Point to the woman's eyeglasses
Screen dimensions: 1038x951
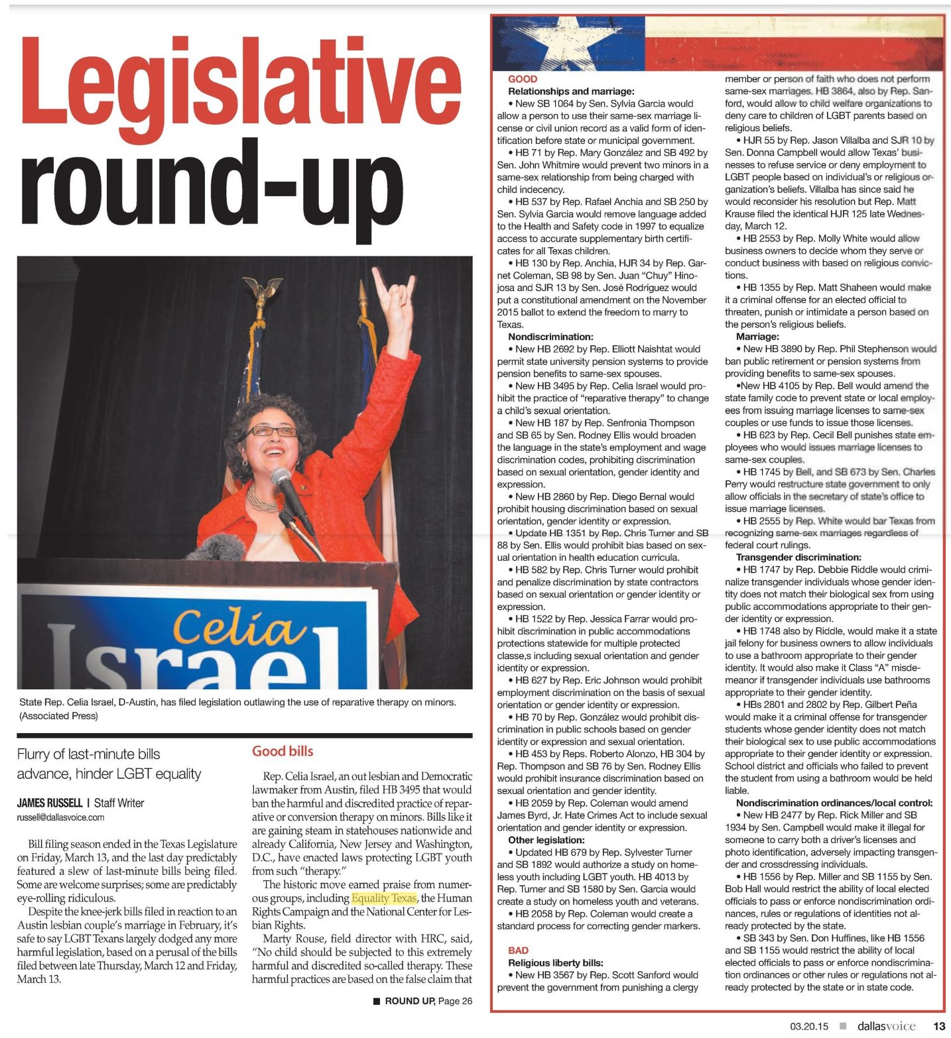(272, 432)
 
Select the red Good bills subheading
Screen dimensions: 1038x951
(283, 751)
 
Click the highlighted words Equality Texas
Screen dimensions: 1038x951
(384, 898)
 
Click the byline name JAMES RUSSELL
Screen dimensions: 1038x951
(49, 803)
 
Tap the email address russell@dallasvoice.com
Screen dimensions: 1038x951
(60, 817)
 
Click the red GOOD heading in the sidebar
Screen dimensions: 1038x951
(523, 79)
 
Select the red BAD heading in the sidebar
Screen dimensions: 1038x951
(518, 950)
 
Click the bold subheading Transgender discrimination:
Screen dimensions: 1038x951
(798, 557)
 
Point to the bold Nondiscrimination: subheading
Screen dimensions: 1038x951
(550, 337)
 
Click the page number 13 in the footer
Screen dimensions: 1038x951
(939, 1026)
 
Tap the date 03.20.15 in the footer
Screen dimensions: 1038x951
(809, 1027)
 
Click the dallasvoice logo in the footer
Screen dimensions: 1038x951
(886, 1026)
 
